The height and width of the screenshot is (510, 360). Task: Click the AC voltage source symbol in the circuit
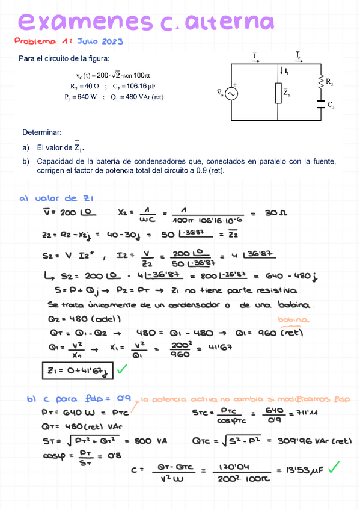pyautogui.click(x=230, y=93)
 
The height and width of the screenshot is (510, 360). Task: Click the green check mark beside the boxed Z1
pyautogui.click(x=124, y=369)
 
